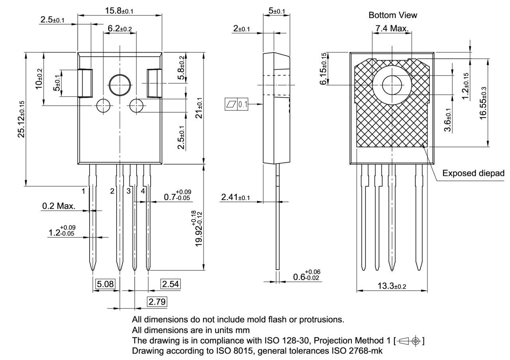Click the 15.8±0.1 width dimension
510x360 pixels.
pyautogui.click(x=119, y=11)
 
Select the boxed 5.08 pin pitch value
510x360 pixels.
pyautogui.click(x=106, y=284)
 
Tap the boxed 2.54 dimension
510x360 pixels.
pyautogui.click(x=170, y=284)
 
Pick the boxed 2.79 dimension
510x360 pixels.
pyautogui.click(x=157, y=302)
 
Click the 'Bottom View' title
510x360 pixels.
pyautogui.click(x=392, y=15)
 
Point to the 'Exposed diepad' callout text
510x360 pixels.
pyautogui.click(x=473, y=173)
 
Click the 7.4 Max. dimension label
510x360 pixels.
pyautogui.click(x=392, y=29)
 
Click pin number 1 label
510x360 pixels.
pyautogui.click(x=84, y=191)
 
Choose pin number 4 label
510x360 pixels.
pyautogui.click(x=143, y=191)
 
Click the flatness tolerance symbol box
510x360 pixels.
pyautogui.click(x=237, y=105)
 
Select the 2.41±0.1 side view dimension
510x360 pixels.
pyautogui.click(x=235, y=198)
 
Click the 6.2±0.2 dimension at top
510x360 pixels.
pyautogui.click(x=120, y=29)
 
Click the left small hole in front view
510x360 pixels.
pyautogui.click(x=103, y=105)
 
